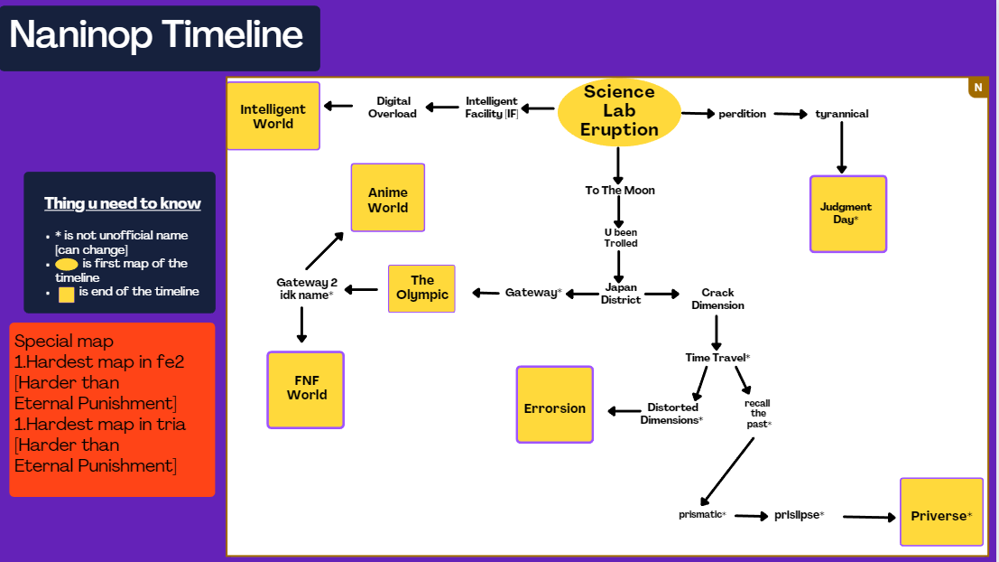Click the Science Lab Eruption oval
[x=619, y=111]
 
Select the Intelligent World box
[x=273, y=116]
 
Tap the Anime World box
[x=387, y=199]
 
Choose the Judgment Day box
[x=846, y=213]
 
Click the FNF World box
[x=305, y=389]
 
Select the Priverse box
[x=940, y=512]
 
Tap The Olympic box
[x=421, y=287]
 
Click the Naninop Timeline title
[x=157, y=35]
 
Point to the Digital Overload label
[x=393, y=108]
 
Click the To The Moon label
[x=619, y=191]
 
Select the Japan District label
[x=620, y=294]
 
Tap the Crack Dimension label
[x=717, y=299]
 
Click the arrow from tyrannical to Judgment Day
[x=841, y=146]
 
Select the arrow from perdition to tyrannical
[x=791, y=114]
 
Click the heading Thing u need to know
[x=123, y=203]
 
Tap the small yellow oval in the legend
[x=66, y=264]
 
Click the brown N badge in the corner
[x=976, y=88]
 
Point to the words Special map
[x=64, y=341]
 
